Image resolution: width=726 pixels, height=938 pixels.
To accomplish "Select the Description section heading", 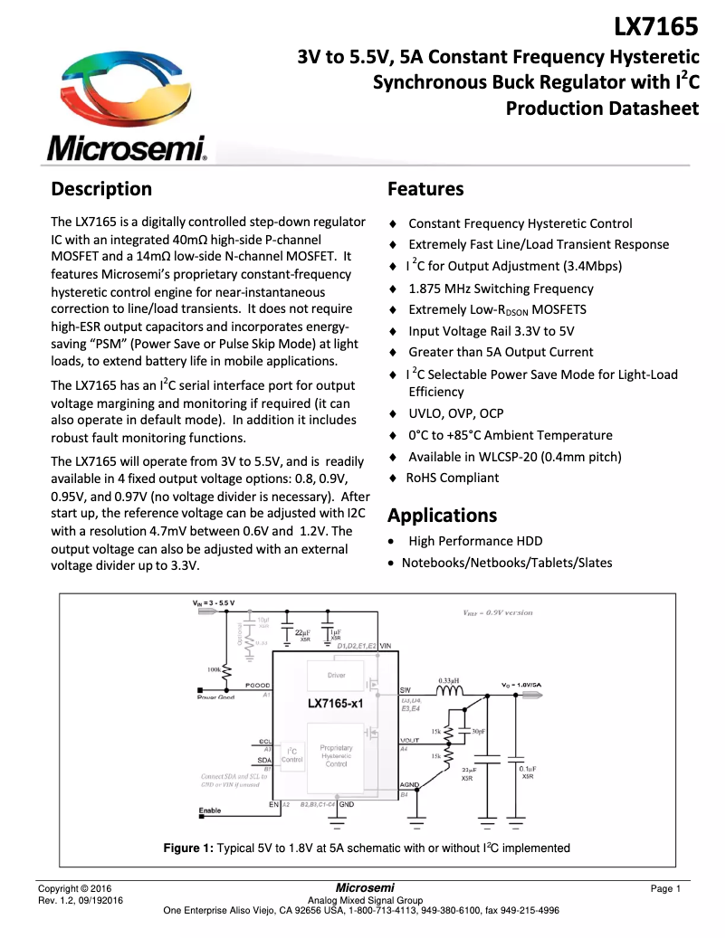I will [x=101, y=189].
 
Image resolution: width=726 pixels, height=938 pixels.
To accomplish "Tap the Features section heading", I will [x=425, y=189].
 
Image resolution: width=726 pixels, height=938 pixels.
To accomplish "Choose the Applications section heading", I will [x=442, y=516].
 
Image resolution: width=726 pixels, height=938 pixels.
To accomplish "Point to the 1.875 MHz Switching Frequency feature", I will [x=501, y=289].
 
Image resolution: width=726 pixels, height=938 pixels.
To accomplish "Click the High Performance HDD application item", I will [x=475, y=541].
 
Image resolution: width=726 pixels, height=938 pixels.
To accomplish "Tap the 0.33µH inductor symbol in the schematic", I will [x=450, y=693].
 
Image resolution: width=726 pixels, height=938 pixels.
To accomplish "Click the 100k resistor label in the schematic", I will [x=215, y=669].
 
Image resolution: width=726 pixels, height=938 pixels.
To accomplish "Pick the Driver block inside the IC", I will [x=336, y=676].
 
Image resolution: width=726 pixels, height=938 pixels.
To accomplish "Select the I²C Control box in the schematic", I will [x=291, y=755].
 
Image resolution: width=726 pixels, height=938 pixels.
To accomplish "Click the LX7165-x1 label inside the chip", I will [x=336, y=704].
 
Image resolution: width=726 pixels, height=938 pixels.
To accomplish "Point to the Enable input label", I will [x=209, y=810].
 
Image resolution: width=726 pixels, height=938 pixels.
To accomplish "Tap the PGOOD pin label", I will [x=257, y=687].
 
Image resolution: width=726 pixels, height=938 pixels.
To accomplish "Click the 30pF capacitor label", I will [x=478, y=731].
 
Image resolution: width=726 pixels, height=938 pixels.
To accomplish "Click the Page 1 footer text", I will [x=665, y=889].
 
